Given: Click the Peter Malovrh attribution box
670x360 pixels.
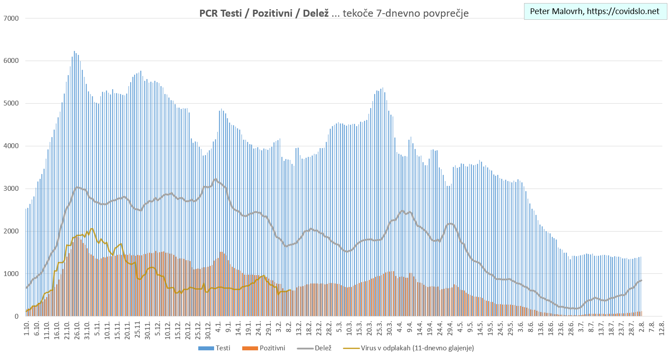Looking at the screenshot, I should tap(595, 11).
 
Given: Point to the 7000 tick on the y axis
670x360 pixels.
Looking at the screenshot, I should tap(11, 18).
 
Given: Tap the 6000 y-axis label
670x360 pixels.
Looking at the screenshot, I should tap(11, 61).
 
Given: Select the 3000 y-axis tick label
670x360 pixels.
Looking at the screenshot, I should tap(11, 189).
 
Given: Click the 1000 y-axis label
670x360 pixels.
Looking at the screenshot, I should tap(11, 274).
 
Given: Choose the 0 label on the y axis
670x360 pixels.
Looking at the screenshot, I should tap(16, 316).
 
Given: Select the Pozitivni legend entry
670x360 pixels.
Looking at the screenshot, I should tap(264, 348).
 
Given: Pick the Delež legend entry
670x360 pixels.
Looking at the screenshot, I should tap(315, 348).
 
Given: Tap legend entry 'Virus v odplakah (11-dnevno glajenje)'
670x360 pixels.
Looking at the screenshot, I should tap(409, 348).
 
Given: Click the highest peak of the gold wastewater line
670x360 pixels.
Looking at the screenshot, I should tap(91, 229).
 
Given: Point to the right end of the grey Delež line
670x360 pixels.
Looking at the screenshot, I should tap(641, 280).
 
